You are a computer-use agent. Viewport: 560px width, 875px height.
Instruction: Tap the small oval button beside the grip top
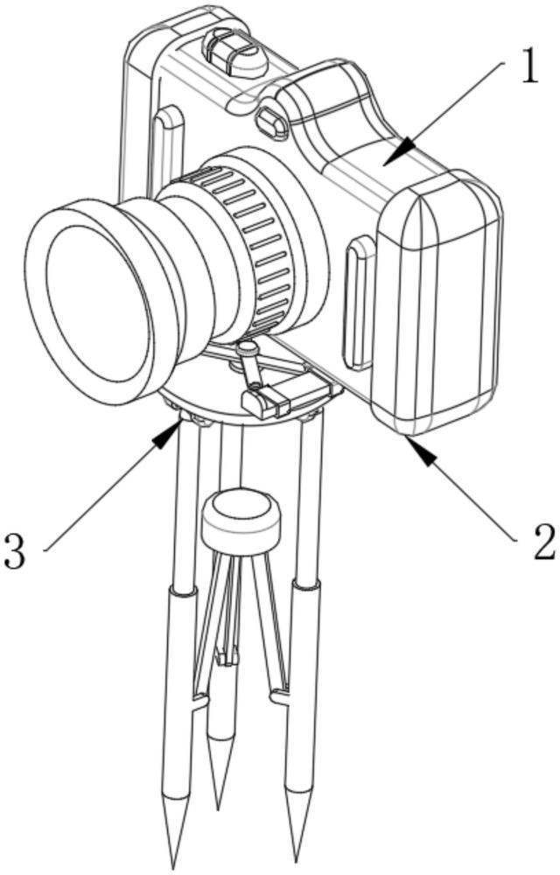(x=271, y=122)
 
